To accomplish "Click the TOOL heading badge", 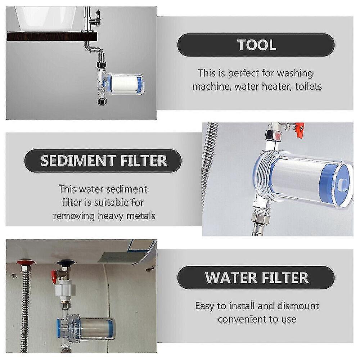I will pyautogui.click(x=256, y=45).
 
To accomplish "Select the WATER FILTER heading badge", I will pyautogui.click(x=256, y=278).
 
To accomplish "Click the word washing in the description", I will pyautogui.click(x=291, y=73).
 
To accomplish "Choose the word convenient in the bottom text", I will pyautogui.click(x=244, y=319).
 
